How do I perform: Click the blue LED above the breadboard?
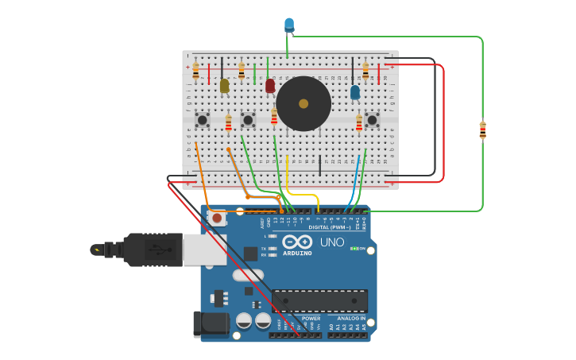[289, 25]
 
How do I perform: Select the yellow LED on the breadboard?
[224, 85]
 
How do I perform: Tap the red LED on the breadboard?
[270, 85]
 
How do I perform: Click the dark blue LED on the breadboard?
[355, 92]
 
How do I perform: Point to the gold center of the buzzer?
[303, 103]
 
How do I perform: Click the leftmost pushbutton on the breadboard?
[203, 120]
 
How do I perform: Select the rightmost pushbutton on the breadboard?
[371, 120]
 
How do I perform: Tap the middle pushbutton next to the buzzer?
[248, 120]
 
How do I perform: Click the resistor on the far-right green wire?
[482, 130]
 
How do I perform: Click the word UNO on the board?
[331, 242]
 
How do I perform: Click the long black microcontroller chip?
[319, 300]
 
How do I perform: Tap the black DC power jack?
[211, 324]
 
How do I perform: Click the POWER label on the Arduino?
[311, 318]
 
